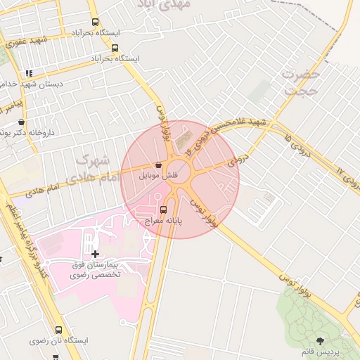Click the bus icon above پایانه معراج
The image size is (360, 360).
point(164,209)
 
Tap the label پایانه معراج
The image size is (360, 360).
point(164,221)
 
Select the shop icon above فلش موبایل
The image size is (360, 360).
point(158,164)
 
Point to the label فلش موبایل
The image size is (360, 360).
point(158,175)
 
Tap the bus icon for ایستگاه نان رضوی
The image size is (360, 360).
point(58,329)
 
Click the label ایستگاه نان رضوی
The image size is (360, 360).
point(59,340)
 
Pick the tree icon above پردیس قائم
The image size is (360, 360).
point(321,340)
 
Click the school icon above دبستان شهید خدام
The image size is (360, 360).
point(29,72)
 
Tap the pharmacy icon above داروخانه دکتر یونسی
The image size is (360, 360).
point(21,121)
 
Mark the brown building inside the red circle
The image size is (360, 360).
point(187,137)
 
